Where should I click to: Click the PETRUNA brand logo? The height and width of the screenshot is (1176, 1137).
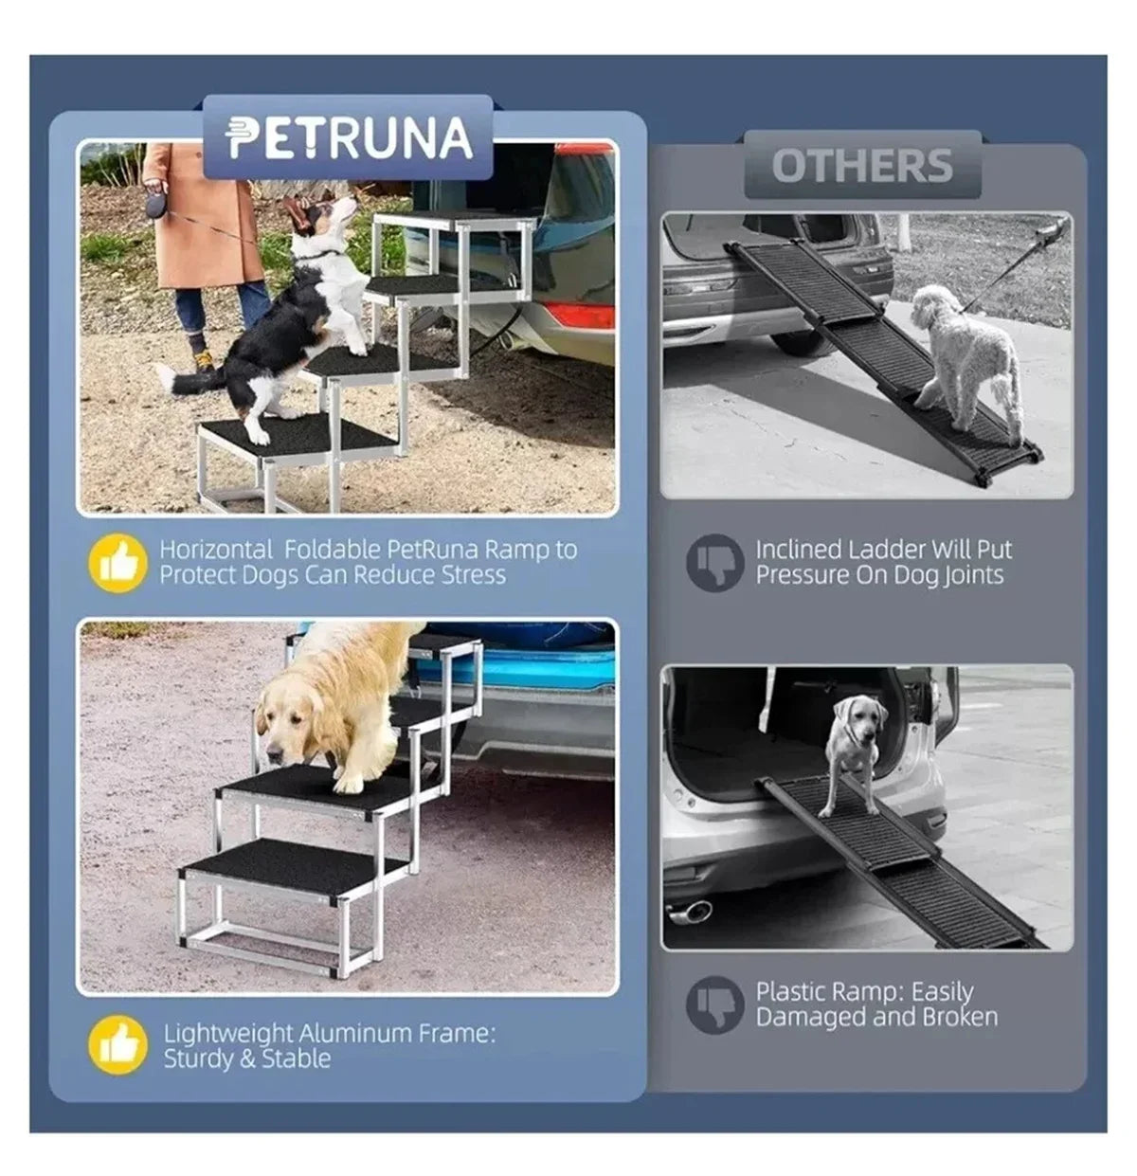(x=349, y=138)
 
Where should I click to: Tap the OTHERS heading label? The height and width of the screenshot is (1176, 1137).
(x=861, y=166)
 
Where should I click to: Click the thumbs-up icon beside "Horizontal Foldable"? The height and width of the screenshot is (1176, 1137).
(x=117, y=563)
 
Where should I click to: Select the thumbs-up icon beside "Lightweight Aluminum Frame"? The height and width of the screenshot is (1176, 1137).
(x=117, y=1045)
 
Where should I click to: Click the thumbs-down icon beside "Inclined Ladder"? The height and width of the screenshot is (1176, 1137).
(x=713, y=563)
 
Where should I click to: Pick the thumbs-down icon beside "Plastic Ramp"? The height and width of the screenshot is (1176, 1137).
(x=713, y=1004)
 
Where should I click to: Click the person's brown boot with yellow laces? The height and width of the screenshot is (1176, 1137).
(x=202, y=361)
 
